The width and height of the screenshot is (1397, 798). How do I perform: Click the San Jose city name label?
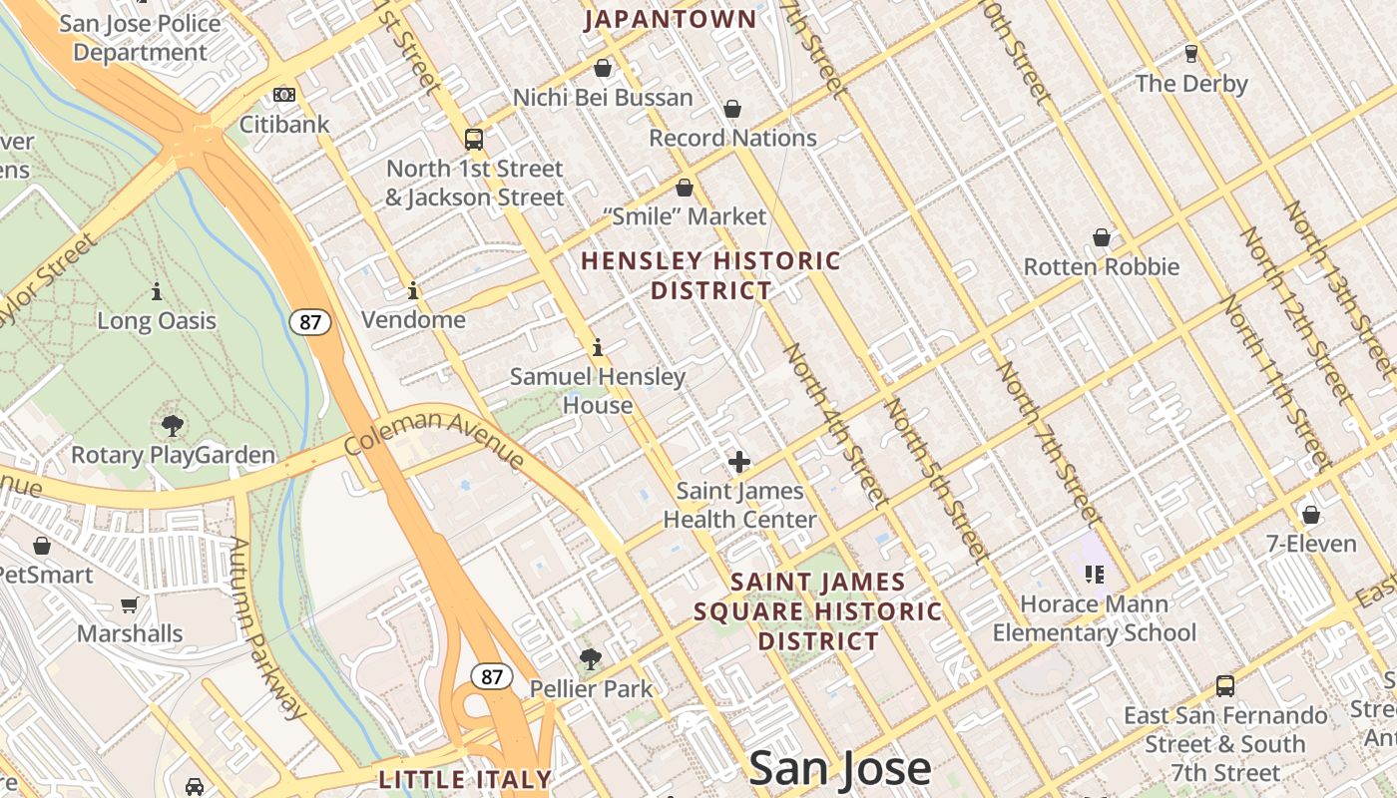(x=839, y=768)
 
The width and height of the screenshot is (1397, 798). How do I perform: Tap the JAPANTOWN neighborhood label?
(x=671, y=19)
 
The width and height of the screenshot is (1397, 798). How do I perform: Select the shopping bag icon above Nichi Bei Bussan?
(x=603, y=68)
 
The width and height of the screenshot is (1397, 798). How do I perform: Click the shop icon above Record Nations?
(x=732, y=108)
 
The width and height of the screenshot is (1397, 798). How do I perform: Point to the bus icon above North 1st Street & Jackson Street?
(x=474, y=139)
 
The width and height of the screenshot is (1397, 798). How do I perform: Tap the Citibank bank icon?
(x=284, y=95)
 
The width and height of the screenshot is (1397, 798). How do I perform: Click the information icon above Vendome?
(x=413, y=290)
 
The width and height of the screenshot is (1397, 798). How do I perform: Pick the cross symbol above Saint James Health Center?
(x=739, y=462)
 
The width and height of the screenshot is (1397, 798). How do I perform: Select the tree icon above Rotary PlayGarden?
(x=173, y=426)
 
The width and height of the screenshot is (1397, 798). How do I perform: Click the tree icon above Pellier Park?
(x=591, y=658)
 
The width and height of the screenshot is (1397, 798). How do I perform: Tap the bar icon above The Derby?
(x=1190, y=53)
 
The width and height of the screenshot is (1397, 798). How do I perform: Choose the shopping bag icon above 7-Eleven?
(x=1311, y=515)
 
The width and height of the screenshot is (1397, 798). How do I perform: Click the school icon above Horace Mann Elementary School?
(x=1095, y=574)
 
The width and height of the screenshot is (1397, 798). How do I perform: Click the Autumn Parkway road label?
(x=264, y=628)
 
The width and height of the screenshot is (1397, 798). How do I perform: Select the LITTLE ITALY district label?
(x=465, y=779)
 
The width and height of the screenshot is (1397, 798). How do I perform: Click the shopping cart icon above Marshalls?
(x=129, y=604)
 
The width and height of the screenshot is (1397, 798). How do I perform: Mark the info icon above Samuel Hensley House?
(x=598, y=347)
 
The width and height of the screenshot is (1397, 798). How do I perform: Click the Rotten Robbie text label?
(x=1102, y=266)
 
